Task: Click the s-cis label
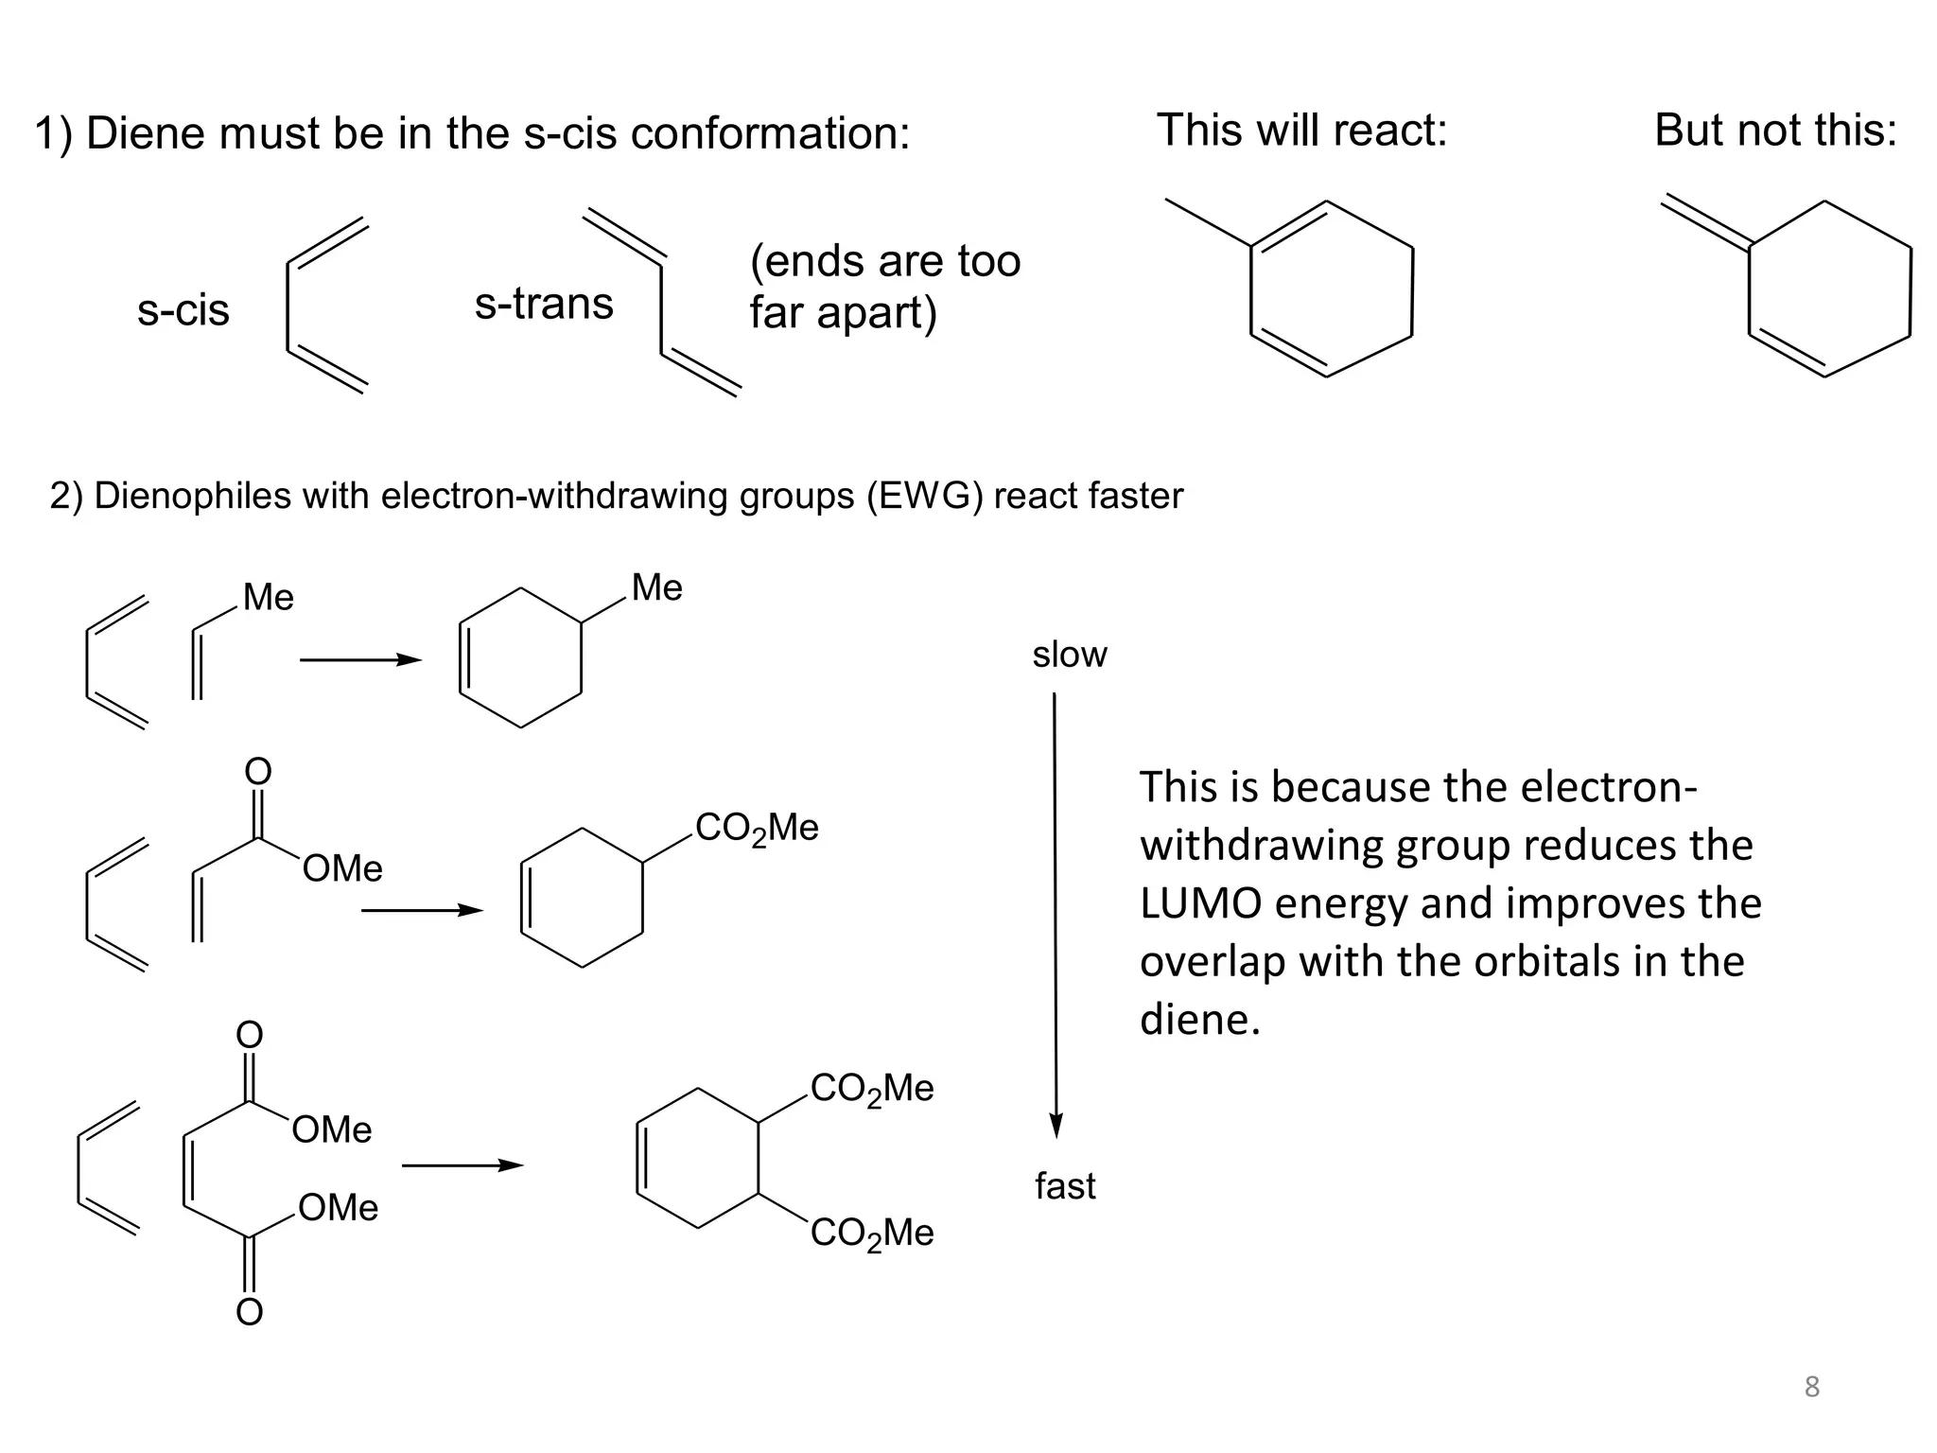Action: tap(183, 310)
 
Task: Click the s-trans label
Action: tap(544, 304)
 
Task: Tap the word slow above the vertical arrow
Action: tap(1069, 655)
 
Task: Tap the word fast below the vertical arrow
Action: tap(1065, 1185)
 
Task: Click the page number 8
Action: tap(1811, 1387)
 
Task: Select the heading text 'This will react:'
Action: tap(1301, 130)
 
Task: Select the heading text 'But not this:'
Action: tap(1775, 130)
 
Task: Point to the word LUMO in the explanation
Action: tap(1199, 903)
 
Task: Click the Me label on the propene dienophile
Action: tap(269, 598)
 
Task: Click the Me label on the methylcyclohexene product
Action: tap(656, 587)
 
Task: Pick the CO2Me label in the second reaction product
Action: tap(757, 829)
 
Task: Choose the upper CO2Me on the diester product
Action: tap(872, 1089)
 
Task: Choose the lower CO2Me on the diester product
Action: tap(872, 1234)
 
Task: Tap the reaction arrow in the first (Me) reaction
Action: tap(360, 660)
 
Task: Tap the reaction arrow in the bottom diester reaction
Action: tap(462, 1165)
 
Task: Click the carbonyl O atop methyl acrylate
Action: tap(258, 771)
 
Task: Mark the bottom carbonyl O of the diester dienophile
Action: tap(249, 1312)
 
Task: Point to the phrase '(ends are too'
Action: tap(885, 261)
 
